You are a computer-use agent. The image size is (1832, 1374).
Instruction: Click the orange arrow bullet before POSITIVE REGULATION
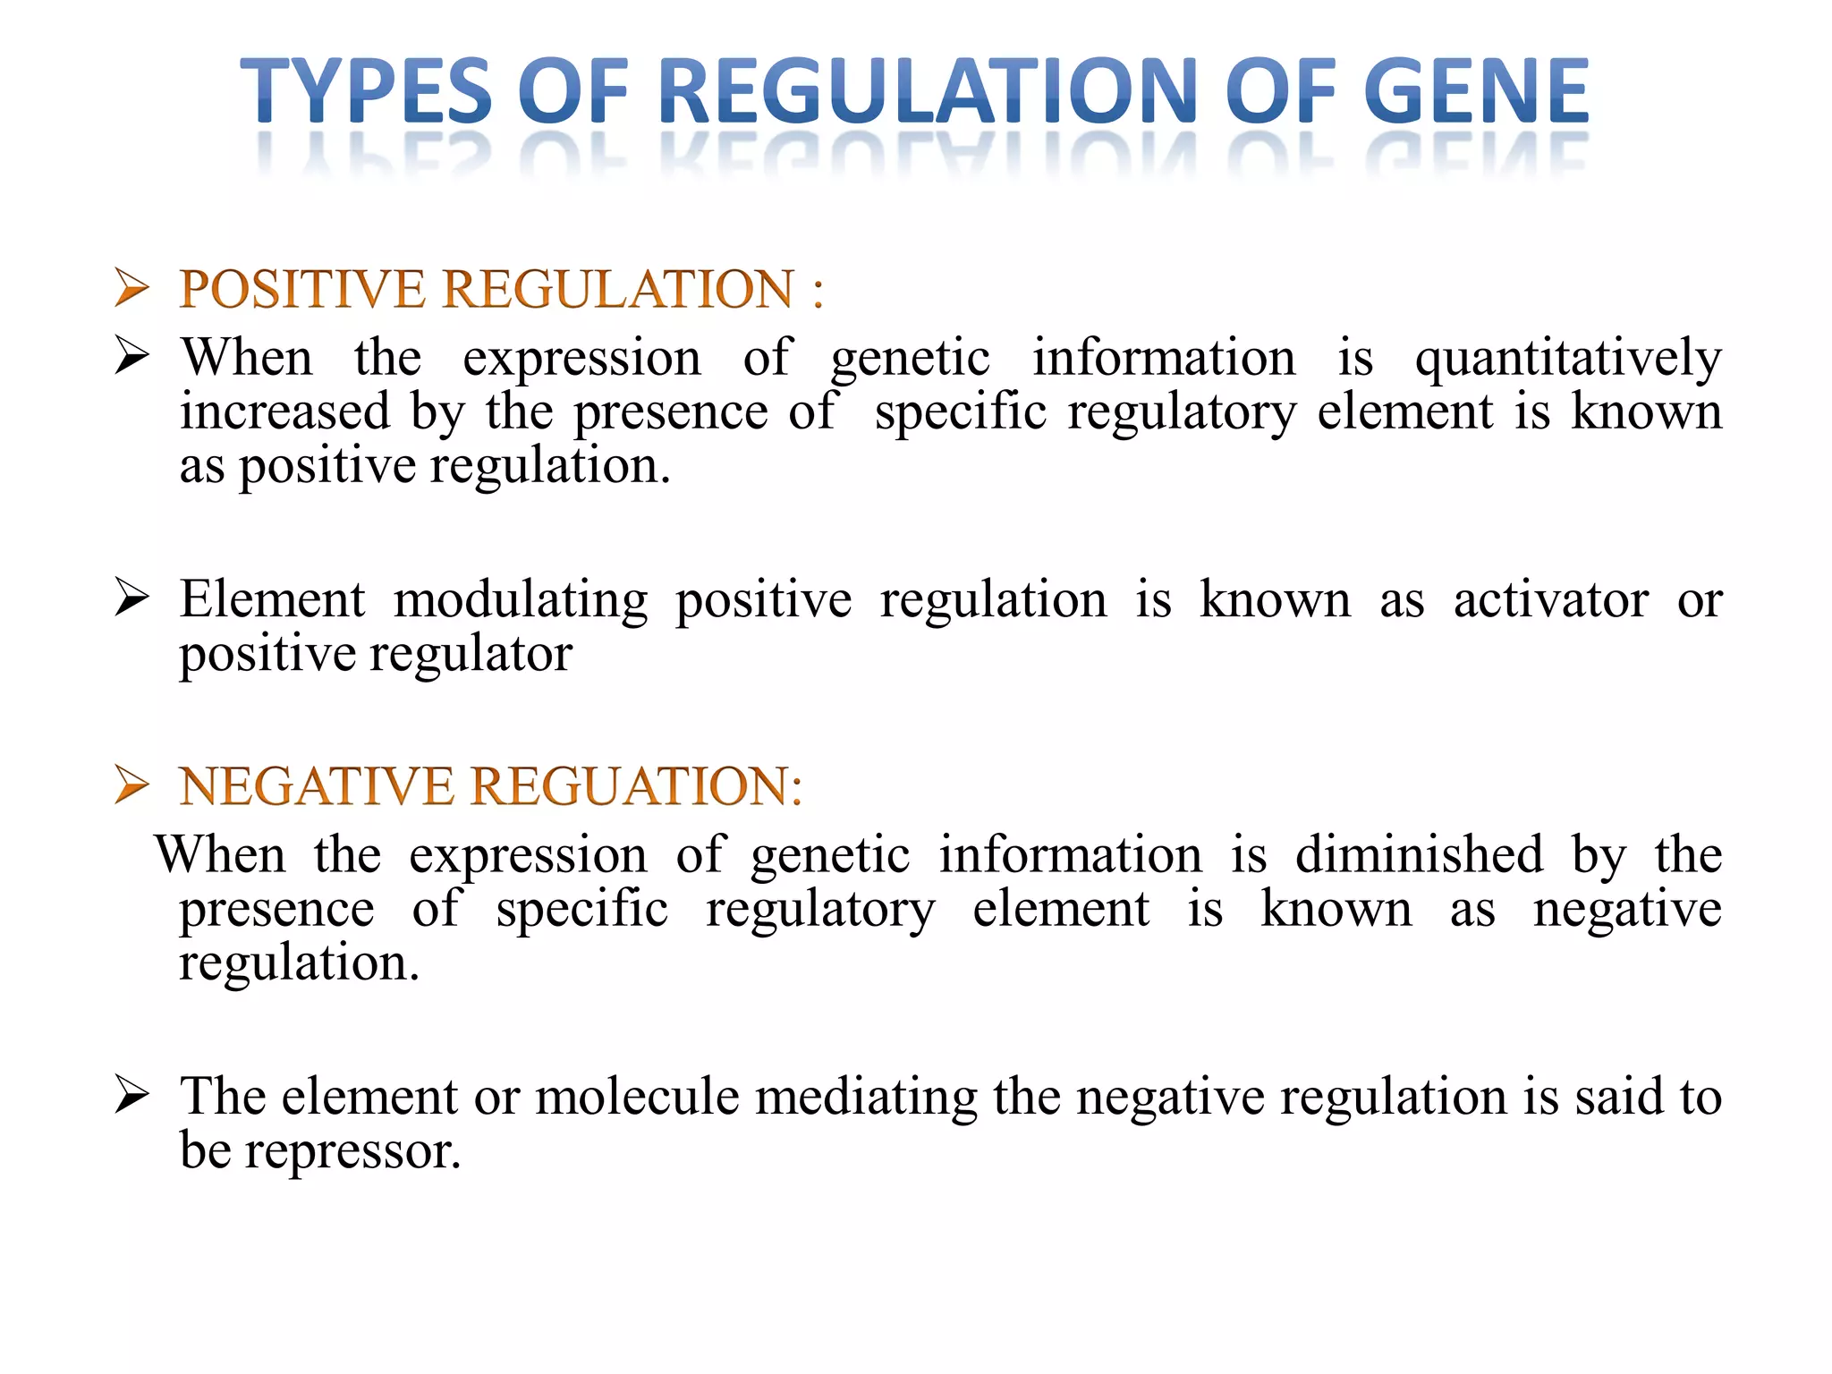click(131, 289)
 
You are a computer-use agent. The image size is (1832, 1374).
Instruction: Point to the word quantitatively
click(1568, 359)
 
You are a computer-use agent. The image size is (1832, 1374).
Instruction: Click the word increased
click(284, 412)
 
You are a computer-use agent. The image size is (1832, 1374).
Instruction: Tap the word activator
click(1550, 599)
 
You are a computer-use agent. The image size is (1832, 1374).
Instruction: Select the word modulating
click(521, 601)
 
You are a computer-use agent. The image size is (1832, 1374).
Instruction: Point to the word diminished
click(1419, 854)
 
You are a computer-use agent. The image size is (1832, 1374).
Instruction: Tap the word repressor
click(352, 1151)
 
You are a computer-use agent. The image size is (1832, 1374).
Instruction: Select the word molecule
click(637, 1097)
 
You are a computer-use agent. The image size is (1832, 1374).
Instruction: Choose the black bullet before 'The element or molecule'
click(131, 1096)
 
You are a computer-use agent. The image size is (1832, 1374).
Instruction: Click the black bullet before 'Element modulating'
click(131, 598)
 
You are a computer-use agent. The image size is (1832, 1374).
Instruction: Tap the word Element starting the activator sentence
click(272, 599)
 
